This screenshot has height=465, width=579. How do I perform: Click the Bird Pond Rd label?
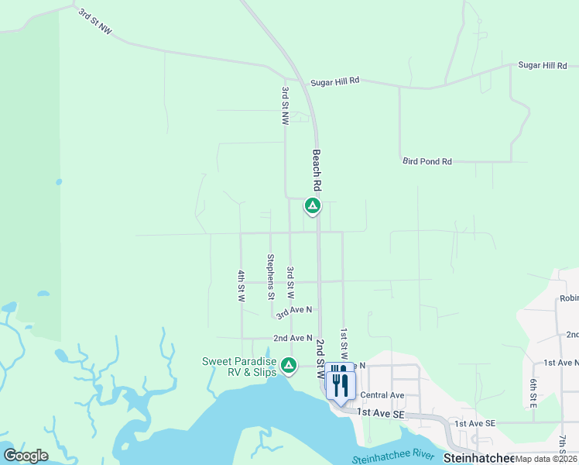[427, 161]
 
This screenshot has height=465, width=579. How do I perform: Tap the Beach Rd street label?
[317, 171]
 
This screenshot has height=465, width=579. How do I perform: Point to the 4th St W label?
[242, 285]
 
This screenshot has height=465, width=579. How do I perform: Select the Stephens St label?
[271, 277]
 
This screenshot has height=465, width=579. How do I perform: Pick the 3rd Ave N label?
[294, 311]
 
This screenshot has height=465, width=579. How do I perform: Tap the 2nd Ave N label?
[293, 339]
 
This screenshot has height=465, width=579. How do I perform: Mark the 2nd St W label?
[320, 357]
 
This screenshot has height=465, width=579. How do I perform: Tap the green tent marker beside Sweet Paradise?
[288, 363]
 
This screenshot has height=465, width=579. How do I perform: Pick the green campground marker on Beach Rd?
[312, 205]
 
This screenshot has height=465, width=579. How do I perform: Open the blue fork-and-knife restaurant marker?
[341, 384]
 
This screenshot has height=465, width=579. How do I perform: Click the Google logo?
[26, 456]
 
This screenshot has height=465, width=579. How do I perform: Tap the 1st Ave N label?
[560, 363]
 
